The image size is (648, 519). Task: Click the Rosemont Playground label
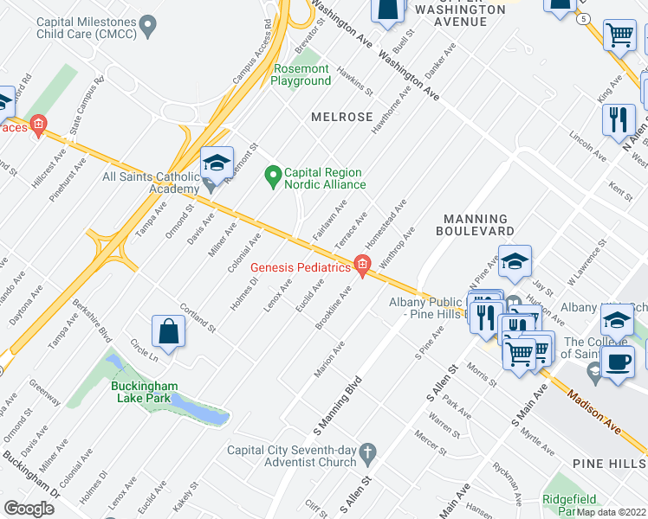pos(301,74)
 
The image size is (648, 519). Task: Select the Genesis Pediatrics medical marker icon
pos(362,267)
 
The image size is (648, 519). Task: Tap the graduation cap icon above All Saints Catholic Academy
pos(217,162)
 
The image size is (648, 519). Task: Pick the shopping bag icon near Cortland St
pos(168,331)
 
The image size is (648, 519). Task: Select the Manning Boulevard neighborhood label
pos(477,225)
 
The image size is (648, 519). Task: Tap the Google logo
pos(29,508)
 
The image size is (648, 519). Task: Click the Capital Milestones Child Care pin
pos(148,26)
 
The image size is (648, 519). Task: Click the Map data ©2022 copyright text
pos(611,512)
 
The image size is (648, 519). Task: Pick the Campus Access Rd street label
pos(252,52)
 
